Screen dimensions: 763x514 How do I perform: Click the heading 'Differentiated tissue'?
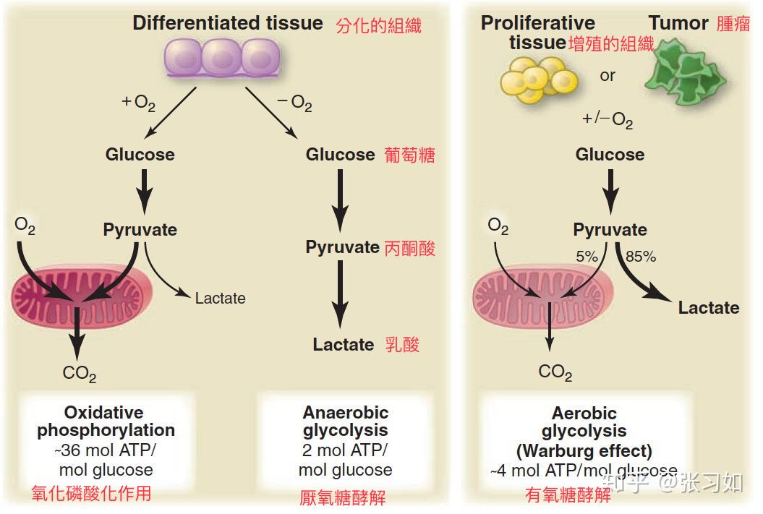click(x=228, y=23)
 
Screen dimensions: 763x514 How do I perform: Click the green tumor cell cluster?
click(x=686, y=72)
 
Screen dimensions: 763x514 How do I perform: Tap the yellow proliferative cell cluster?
click(x=539, y=80)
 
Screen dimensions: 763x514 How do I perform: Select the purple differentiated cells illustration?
click(x=222, y=58)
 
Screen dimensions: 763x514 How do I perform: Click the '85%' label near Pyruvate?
click(x=640, y=256)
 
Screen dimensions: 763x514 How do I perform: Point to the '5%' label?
click(x=587, y=256)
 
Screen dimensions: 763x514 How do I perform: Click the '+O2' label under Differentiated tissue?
click(x=139, y=103)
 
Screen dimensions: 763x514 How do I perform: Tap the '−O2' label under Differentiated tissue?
click(x=294, y=103)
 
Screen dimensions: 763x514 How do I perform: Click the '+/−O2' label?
click(x=608, y=119)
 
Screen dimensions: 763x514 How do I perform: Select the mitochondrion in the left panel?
click(x=82, y=297)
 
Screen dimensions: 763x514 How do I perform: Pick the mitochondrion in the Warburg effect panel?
click(x=542, y=297)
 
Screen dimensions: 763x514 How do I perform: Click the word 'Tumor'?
click(x=678, y=23)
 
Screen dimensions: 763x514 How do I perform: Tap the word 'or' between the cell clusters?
click(x=608, y=76)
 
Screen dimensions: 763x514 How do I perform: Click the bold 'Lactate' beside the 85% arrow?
click(x=709, y=307)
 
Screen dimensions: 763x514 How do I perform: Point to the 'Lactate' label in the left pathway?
click(x=220, y=298)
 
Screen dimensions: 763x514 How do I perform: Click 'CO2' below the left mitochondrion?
click(x=80, y=374)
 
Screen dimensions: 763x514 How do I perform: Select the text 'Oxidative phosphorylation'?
click(x=106, y=421)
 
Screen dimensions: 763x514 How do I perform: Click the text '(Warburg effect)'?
click(x=584, y=451)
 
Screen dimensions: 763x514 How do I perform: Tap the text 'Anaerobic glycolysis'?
click(x=346, y=421)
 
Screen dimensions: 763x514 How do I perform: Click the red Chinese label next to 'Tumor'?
click(x=733, y=23)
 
